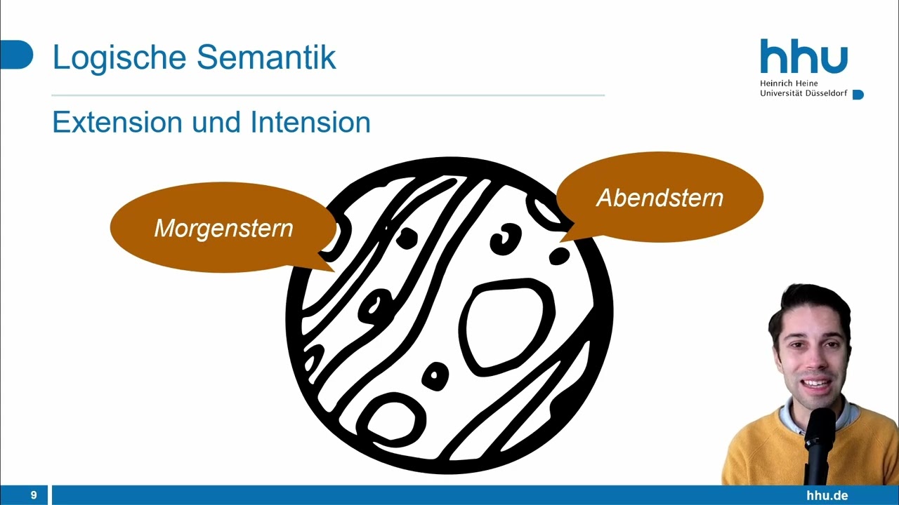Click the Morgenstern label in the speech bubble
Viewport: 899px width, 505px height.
click(x=223, y=228)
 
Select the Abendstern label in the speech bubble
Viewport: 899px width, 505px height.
click(x=660, y=198)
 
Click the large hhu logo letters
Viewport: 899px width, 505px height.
click(x=803, y=58)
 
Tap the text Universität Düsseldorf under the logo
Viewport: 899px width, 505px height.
click(x=803, y=93)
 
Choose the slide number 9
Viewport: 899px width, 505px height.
click(x=33, y=495)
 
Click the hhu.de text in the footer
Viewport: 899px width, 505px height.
click(x=827, y=495)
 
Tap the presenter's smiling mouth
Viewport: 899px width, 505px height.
click(x=816, y=384)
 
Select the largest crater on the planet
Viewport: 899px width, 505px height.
click(x=506, y=323)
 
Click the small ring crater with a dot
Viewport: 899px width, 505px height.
click(x=435, y=377)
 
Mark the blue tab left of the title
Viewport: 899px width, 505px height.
click(x=16, y=55)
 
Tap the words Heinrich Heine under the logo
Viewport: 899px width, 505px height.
click(x=789, y=83)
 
